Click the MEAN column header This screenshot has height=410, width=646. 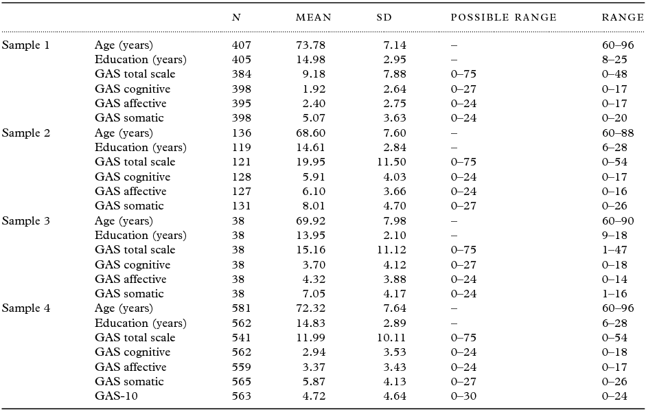[313, 17]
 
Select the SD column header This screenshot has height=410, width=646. [384, 17]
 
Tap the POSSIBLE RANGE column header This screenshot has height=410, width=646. [503, 17]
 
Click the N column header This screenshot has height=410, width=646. [236, 17]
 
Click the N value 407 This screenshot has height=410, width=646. [242, 45]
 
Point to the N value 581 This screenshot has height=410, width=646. [242, 308]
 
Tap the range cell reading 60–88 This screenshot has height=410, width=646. [617, 133]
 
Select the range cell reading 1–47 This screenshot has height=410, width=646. [613, 250]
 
